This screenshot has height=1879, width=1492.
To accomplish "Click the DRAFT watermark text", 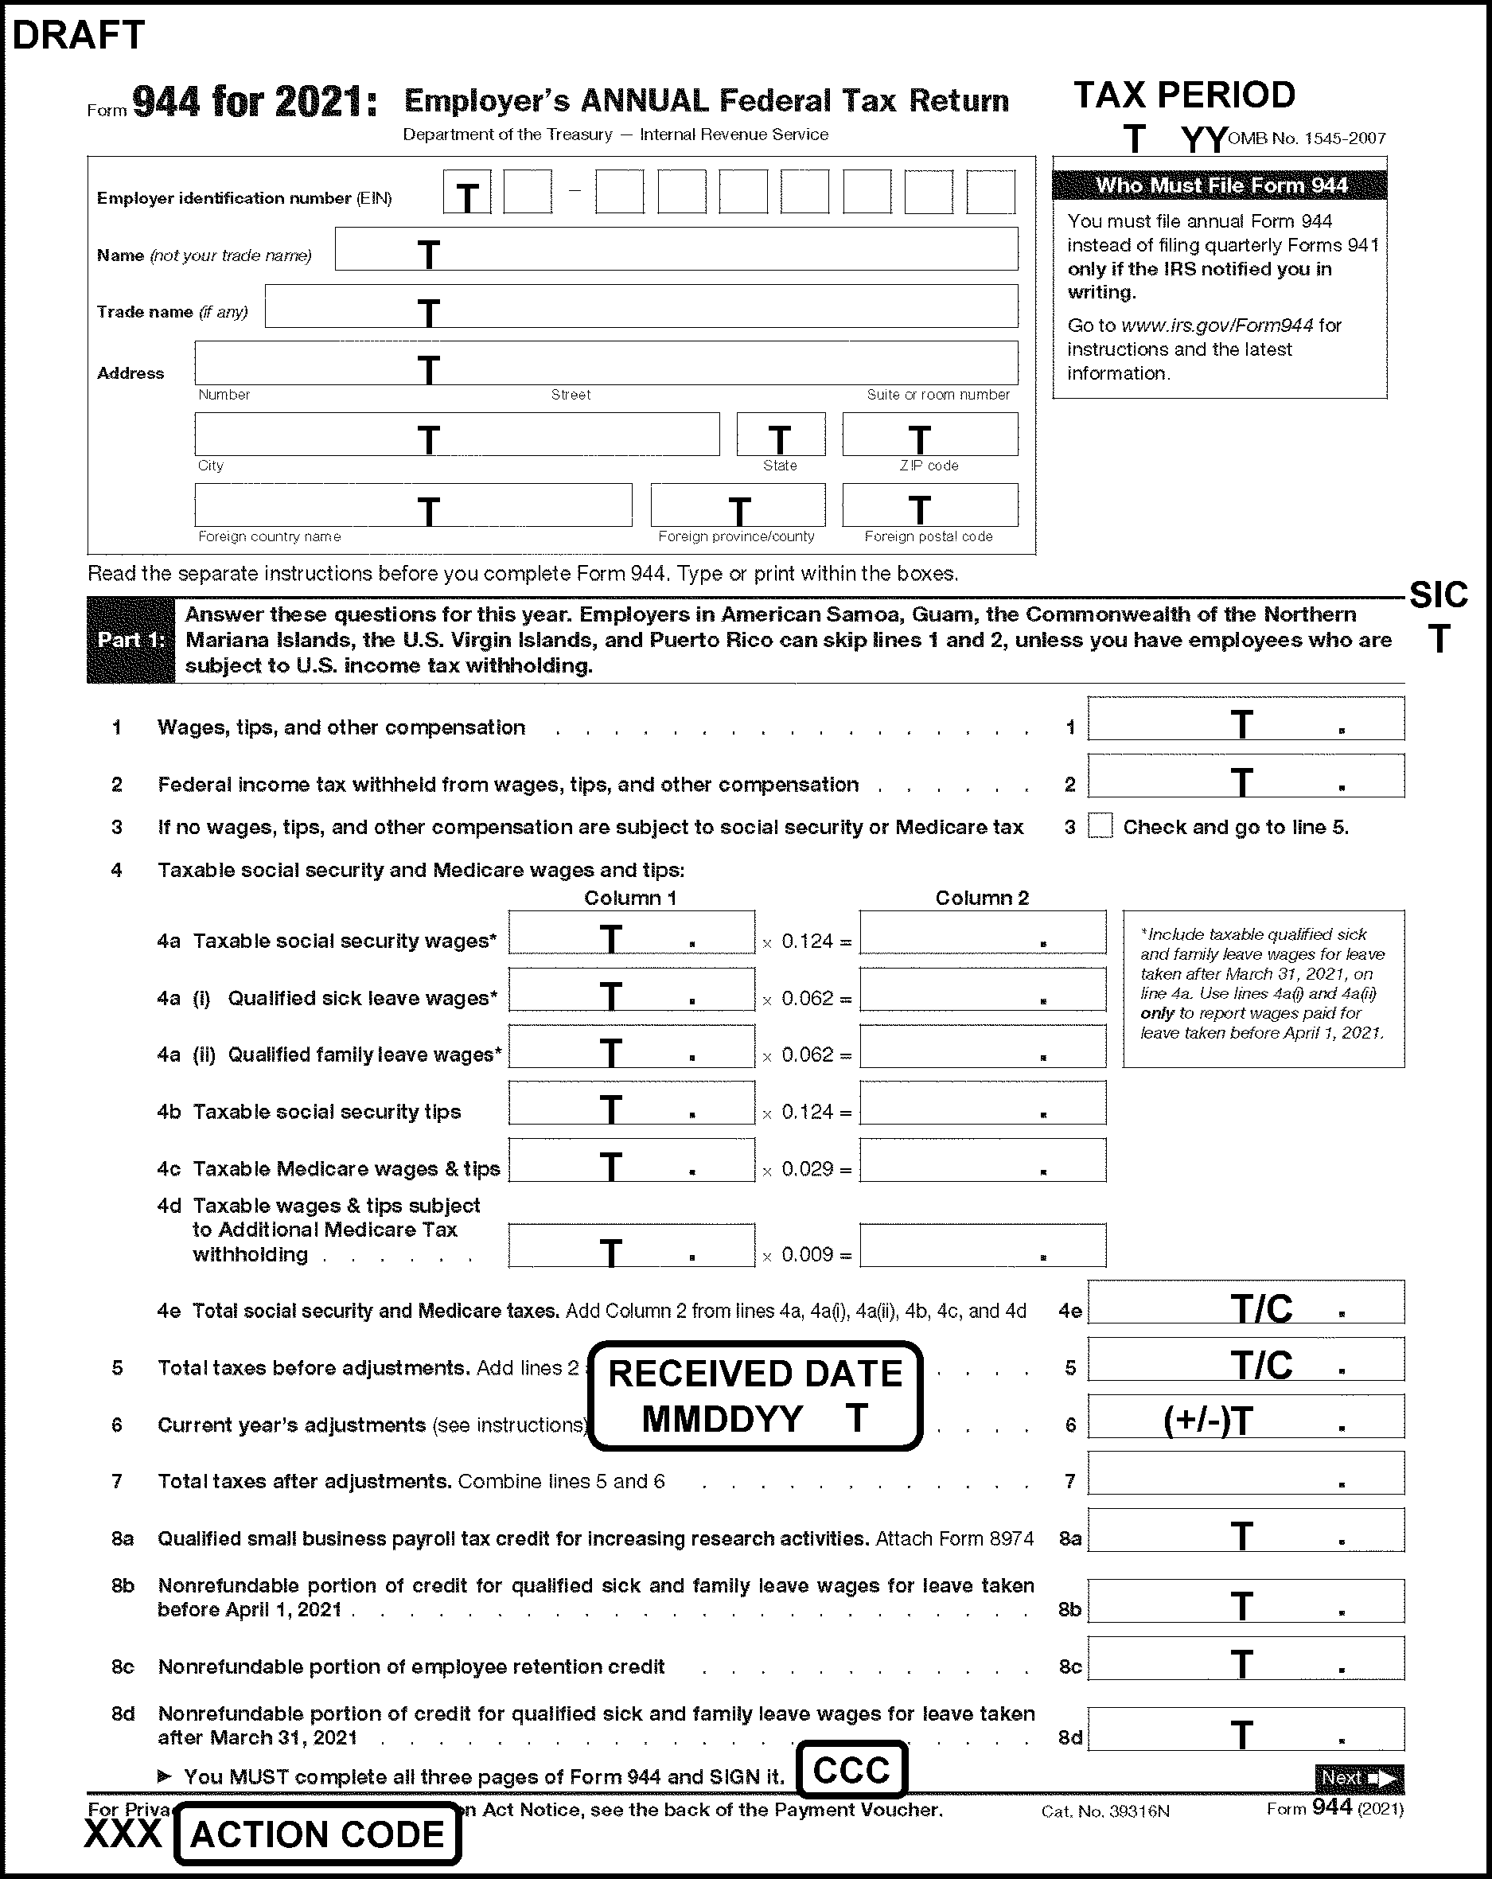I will [79, 35].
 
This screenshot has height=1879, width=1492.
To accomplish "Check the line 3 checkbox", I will [1100, 825].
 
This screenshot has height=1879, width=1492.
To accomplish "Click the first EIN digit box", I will [467, 193].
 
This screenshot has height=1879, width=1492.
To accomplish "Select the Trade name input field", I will [641, 306].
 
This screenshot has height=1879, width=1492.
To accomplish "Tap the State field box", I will [780, 434].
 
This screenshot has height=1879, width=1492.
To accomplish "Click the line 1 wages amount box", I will [1245, 719].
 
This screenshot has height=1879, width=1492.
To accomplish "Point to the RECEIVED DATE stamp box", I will [754, 1395].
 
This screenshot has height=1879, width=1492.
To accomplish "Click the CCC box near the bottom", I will [851, 1770].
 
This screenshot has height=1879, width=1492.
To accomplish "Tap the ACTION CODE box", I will [317, 1834].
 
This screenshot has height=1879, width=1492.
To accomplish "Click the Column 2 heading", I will [981, 898].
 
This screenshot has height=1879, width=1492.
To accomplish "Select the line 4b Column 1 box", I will [631, 1103].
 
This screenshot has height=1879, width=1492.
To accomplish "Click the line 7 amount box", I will [1245, 1474].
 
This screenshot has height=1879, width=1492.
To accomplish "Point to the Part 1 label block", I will [131, 640].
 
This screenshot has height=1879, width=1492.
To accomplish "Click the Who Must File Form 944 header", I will [1219, 185].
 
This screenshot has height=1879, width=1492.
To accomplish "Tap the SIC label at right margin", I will [1438, 595].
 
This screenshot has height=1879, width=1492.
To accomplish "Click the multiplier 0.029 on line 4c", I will [806, 1169].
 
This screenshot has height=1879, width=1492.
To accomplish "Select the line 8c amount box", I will [1245, 1659].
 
